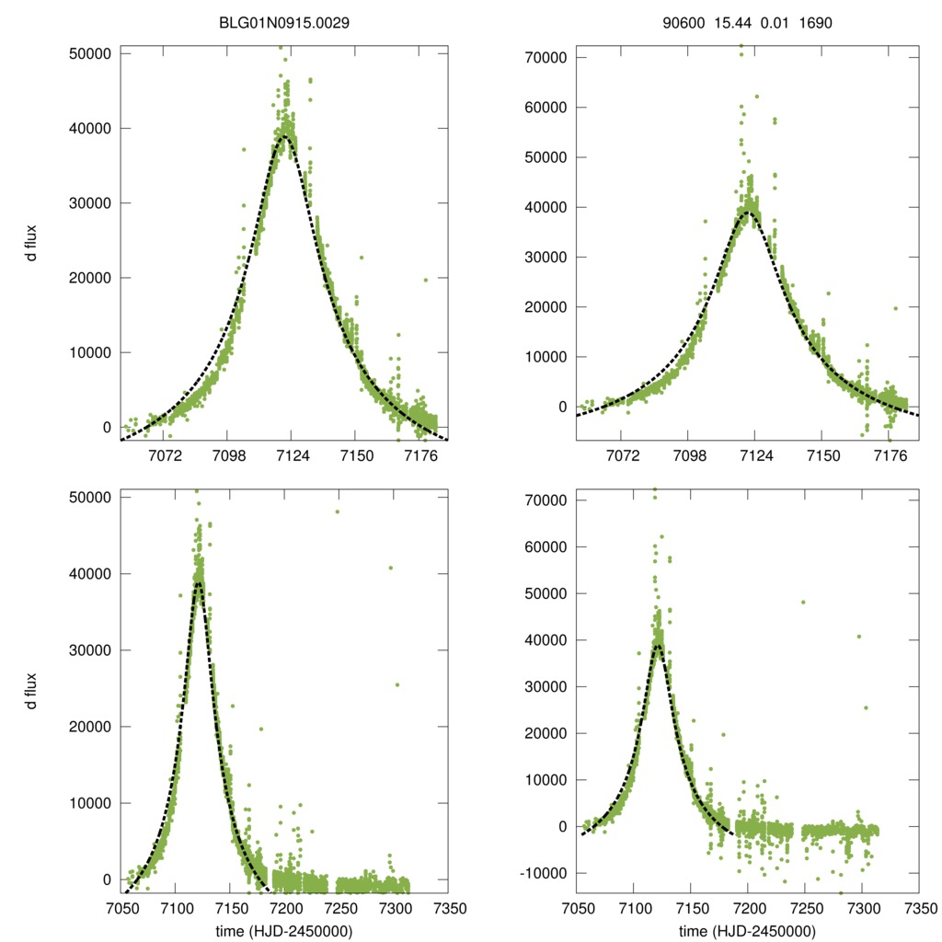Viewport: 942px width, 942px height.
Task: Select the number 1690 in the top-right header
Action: pyautogui.click(x=814, y=23)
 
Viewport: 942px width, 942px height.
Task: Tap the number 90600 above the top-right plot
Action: pyautogui.click(x=682, y=23)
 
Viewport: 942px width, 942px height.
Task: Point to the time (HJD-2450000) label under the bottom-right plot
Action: pyautogui.click(x=747, y=931)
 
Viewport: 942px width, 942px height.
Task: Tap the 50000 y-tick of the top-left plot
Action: pyautogui.click(x=90, y=53)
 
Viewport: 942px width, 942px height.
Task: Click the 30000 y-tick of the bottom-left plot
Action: pyautogui.click(x=90, y=650)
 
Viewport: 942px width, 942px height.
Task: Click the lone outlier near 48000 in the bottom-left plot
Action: pyautogui.click(x=338, y=511)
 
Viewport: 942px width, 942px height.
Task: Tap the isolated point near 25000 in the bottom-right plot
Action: pyautogui.click(x=866, y=707)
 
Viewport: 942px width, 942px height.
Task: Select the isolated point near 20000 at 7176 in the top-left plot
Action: pyautogui.click(x=425, y=280)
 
